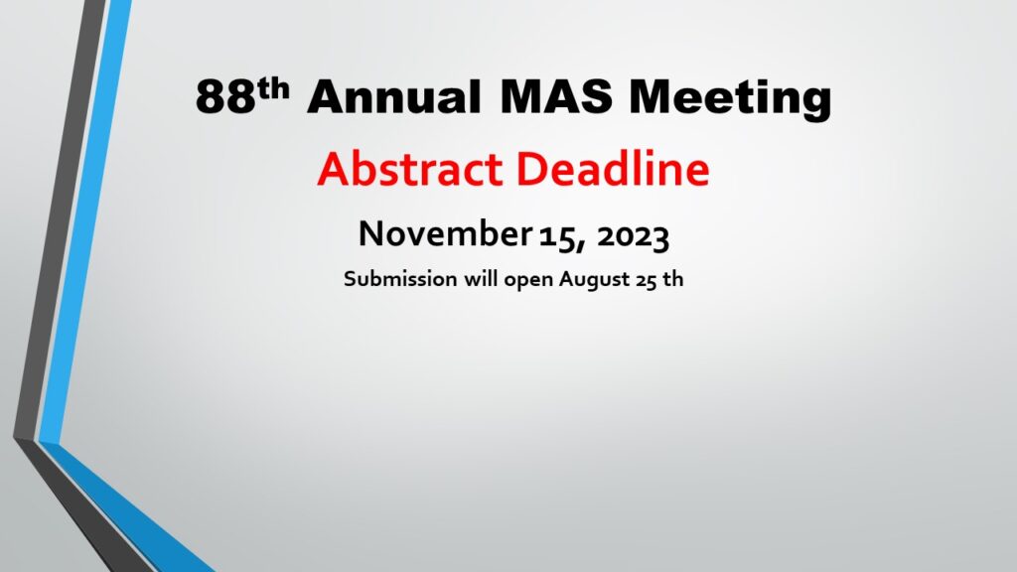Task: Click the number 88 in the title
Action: click(x=225, y=96)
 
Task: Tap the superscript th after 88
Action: click(x=273, y=88)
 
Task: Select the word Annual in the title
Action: click(x=394, y=96)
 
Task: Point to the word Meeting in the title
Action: click(x=730, y=98)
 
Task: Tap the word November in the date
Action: click(x=445, y=232)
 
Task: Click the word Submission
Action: click(x=401, y=278)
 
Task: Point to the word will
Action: click(x=481, y=278)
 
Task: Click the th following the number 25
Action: click(x=673, y=278)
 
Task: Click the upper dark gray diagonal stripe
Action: click(x=60, y=220)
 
